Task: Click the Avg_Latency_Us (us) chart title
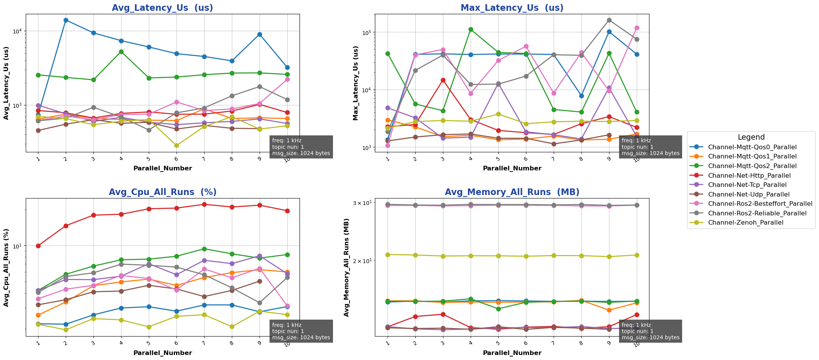point(162,8)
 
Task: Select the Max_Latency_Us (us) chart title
point(512,8)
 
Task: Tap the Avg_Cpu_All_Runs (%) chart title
point(162,192)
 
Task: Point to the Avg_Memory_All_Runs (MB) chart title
point(512,192)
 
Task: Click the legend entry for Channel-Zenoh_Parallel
point(745,223)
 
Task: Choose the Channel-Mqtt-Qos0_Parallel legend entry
point(752,147)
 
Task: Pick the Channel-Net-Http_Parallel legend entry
point(749,175)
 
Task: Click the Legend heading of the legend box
point(751,137)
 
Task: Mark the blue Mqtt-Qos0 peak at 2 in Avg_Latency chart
point(66,20)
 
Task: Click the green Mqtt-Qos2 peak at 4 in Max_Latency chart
point(471,29)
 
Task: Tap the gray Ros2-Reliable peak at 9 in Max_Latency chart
point(609,20)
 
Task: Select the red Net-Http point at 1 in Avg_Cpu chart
point(38,246)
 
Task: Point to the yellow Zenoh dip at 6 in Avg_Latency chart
point(176,145)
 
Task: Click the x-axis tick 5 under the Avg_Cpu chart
point(149,342)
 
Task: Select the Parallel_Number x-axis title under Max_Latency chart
point(512,168)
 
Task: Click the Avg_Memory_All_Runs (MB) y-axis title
point(346,267)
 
